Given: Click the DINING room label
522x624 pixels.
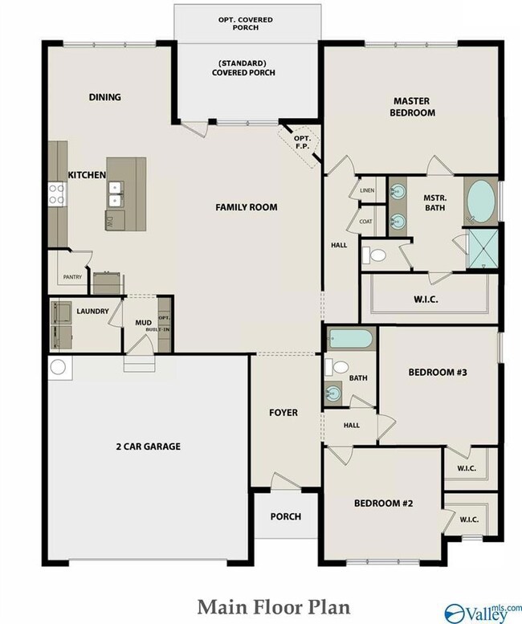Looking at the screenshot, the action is [105, 97].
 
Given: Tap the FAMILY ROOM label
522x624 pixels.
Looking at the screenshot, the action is [247, 207].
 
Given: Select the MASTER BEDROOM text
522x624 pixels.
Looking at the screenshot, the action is [412, 107].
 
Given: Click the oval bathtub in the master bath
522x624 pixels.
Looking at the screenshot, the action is [481, 202].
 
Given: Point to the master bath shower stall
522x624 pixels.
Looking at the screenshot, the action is [483, 249].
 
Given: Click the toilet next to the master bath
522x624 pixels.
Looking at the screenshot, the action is [374, 255].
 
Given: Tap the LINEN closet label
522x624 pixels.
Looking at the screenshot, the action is [367, 190].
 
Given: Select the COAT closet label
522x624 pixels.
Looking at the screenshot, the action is [366, 222].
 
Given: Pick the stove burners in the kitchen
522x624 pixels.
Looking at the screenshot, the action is [56, 194].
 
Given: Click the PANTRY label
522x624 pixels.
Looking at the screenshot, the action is [72, 277].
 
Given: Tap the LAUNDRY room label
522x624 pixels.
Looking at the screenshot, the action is [92, 312].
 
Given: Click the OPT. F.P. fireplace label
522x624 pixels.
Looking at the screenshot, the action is [303, 142].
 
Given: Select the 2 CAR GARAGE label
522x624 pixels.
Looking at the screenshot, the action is [148, 447].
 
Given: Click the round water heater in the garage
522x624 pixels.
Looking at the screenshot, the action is [58, 367].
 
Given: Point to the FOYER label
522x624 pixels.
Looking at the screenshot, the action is [283, 413].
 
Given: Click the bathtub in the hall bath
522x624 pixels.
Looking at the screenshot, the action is [351, 339].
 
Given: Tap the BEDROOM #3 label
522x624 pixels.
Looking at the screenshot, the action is [438, 373].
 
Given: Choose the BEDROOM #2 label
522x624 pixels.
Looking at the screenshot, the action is [384, 504].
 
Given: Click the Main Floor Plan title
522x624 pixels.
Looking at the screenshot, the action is [274, 608].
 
